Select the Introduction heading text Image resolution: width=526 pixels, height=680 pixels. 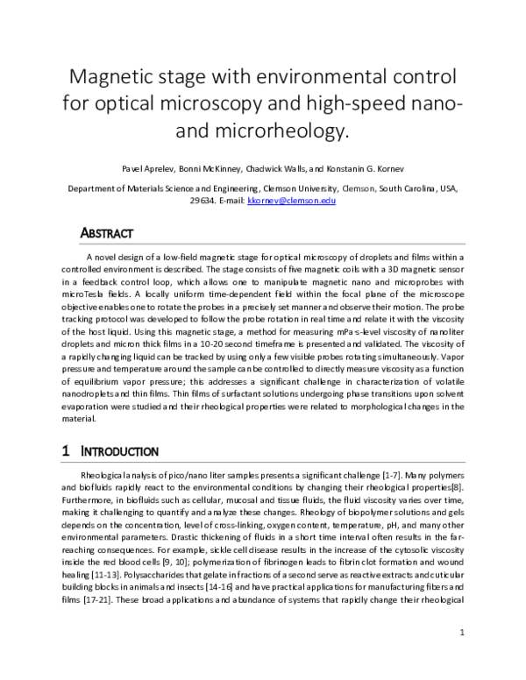point(119,452)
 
